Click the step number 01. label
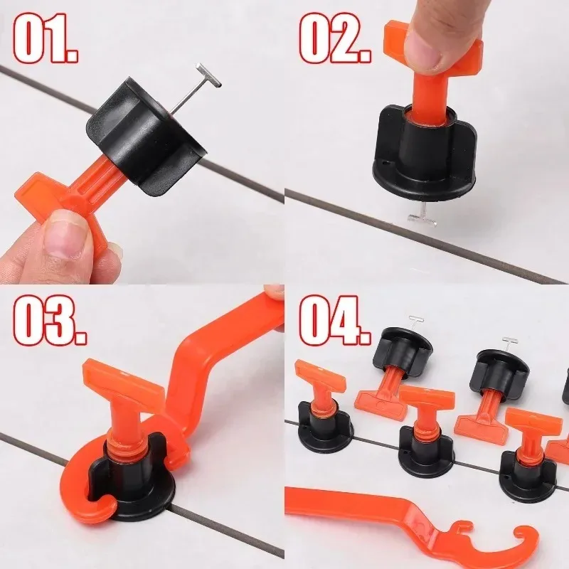(46, 39)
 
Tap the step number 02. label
(335, 39)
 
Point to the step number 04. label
(334, 319)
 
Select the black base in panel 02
(425, 156)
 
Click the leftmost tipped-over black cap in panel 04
(403, 350)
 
